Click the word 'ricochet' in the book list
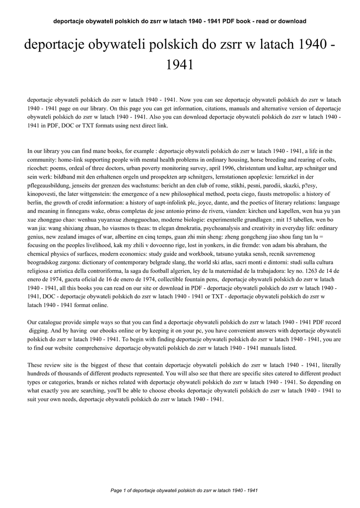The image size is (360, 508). click(38, 168)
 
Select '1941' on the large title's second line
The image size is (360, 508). click(180, 64)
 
